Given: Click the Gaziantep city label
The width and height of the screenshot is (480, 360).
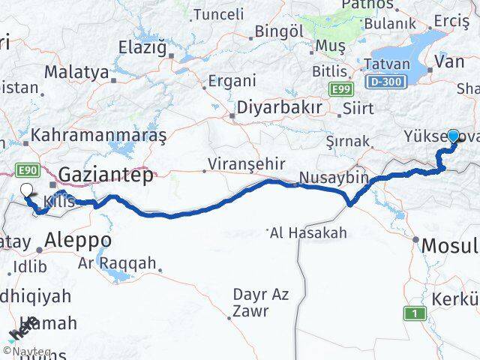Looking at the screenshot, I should click(106, 175).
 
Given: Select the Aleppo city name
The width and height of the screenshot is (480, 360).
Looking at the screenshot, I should click(78, 241).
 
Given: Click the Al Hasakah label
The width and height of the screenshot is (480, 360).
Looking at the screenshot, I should click(309, 232).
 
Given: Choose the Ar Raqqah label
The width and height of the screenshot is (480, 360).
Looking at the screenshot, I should click(117, 262).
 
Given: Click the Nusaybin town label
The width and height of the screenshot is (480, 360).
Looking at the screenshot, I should click(334, 178).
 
